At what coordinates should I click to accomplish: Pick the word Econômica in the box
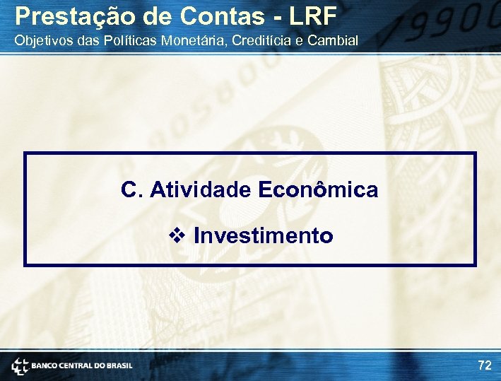point(318,189)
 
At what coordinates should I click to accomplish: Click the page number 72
point(484,365)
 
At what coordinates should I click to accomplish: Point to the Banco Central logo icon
point(19,366)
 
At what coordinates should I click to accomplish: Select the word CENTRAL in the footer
point(78,366)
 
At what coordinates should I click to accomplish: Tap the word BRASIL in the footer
point(119,366)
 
